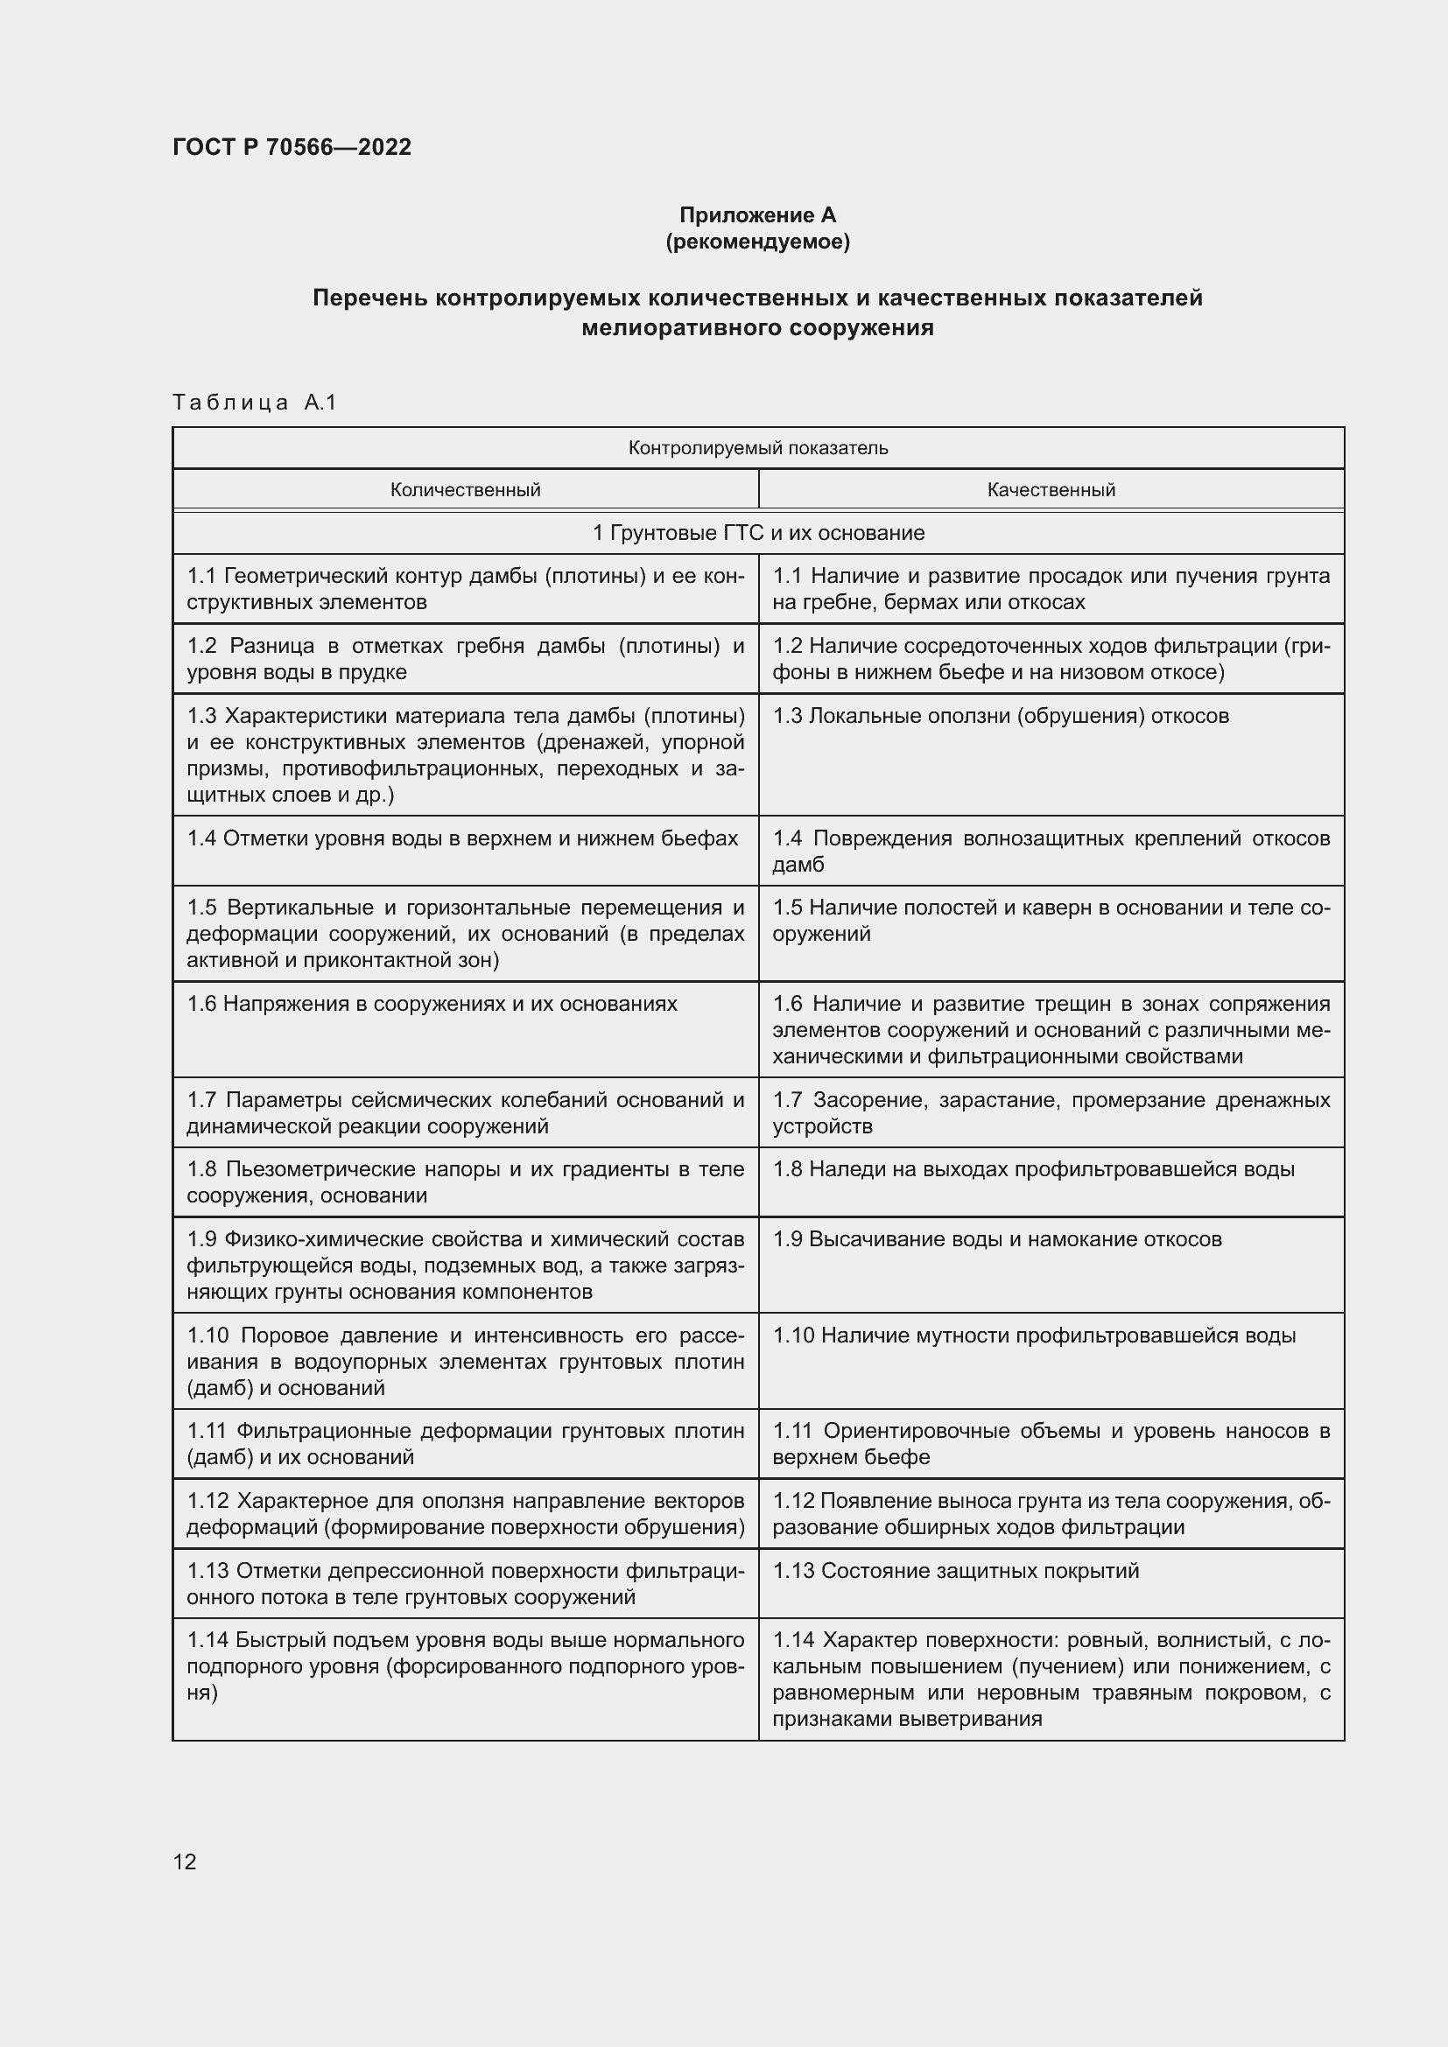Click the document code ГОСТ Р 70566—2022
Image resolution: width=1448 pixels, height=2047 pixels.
(x=292, y=147)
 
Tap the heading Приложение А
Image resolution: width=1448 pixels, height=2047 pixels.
(x=757, y=215)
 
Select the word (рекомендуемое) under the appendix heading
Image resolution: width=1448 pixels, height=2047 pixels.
(x=757, y=242)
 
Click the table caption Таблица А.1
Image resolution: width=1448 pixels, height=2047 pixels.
(x=254, y=403)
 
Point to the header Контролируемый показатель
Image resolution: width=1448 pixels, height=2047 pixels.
(x=758, y=447)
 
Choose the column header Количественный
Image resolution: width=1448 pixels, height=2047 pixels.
(x=465, y=489)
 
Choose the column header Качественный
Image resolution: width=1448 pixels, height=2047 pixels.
(x=1051, y=489)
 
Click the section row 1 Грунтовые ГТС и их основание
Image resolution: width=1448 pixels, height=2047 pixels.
(x=758, y=533)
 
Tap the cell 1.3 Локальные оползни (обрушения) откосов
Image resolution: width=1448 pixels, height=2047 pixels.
(x=1000, y=716)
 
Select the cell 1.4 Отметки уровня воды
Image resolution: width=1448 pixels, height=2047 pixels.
(x=462, y=838)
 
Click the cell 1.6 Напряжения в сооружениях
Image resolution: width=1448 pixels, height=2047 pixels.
(x=432, y=1004)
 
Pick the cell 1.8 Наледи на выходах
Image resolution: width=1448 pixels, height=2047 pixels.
(x=1032, y=1169)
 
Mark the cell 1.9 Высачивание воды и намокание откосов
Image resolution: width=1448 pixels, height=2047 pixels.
(x=996, y=1239)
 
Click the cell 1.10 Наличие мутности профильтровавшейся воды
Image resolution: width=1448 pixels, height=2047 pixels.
(x=1033, y=1335)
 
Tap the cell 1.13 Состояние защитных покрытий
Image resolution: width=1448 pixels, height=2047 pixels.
(x=955, y=1571)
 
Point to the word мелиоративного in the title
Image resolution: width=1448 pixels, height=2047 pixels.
(x=677, y=328)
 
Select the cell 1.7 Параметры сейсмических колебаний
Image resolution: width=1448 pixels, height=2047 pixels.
(x=465, y=1112)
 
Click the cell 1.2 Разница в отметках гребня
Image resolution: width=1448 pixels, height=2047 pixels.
(x=465, y=659)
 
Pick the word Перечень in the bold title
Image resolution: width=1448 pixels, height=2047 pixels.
(x=370, y=298)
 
